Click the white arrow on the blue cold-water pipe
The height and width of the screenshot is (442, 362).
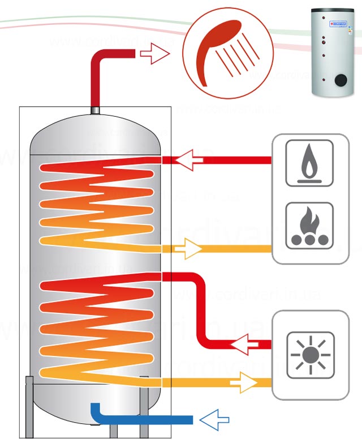[215, 419]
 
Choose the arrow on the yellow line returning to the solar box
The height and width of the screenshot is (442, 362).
[243, 382]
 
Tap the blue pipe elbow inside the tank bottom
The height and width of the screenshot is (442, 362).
[97, 410]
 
